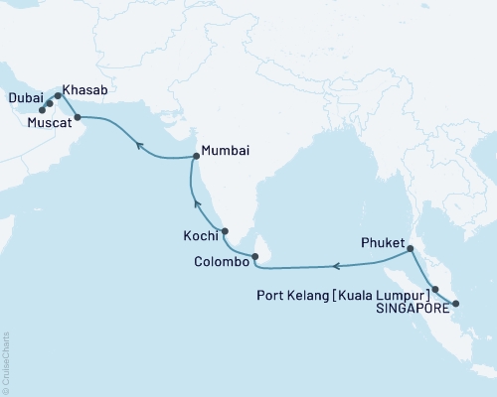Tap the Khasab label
(x=84, y=89)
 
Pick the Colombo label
(x=218, y=262)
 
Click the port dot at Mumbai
(x=195, y=157)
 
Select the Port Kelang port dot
(x=435, y=288)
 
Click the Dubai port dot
(x=49, y=101)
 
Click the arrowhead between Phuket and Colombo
(x=336, y=266)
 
